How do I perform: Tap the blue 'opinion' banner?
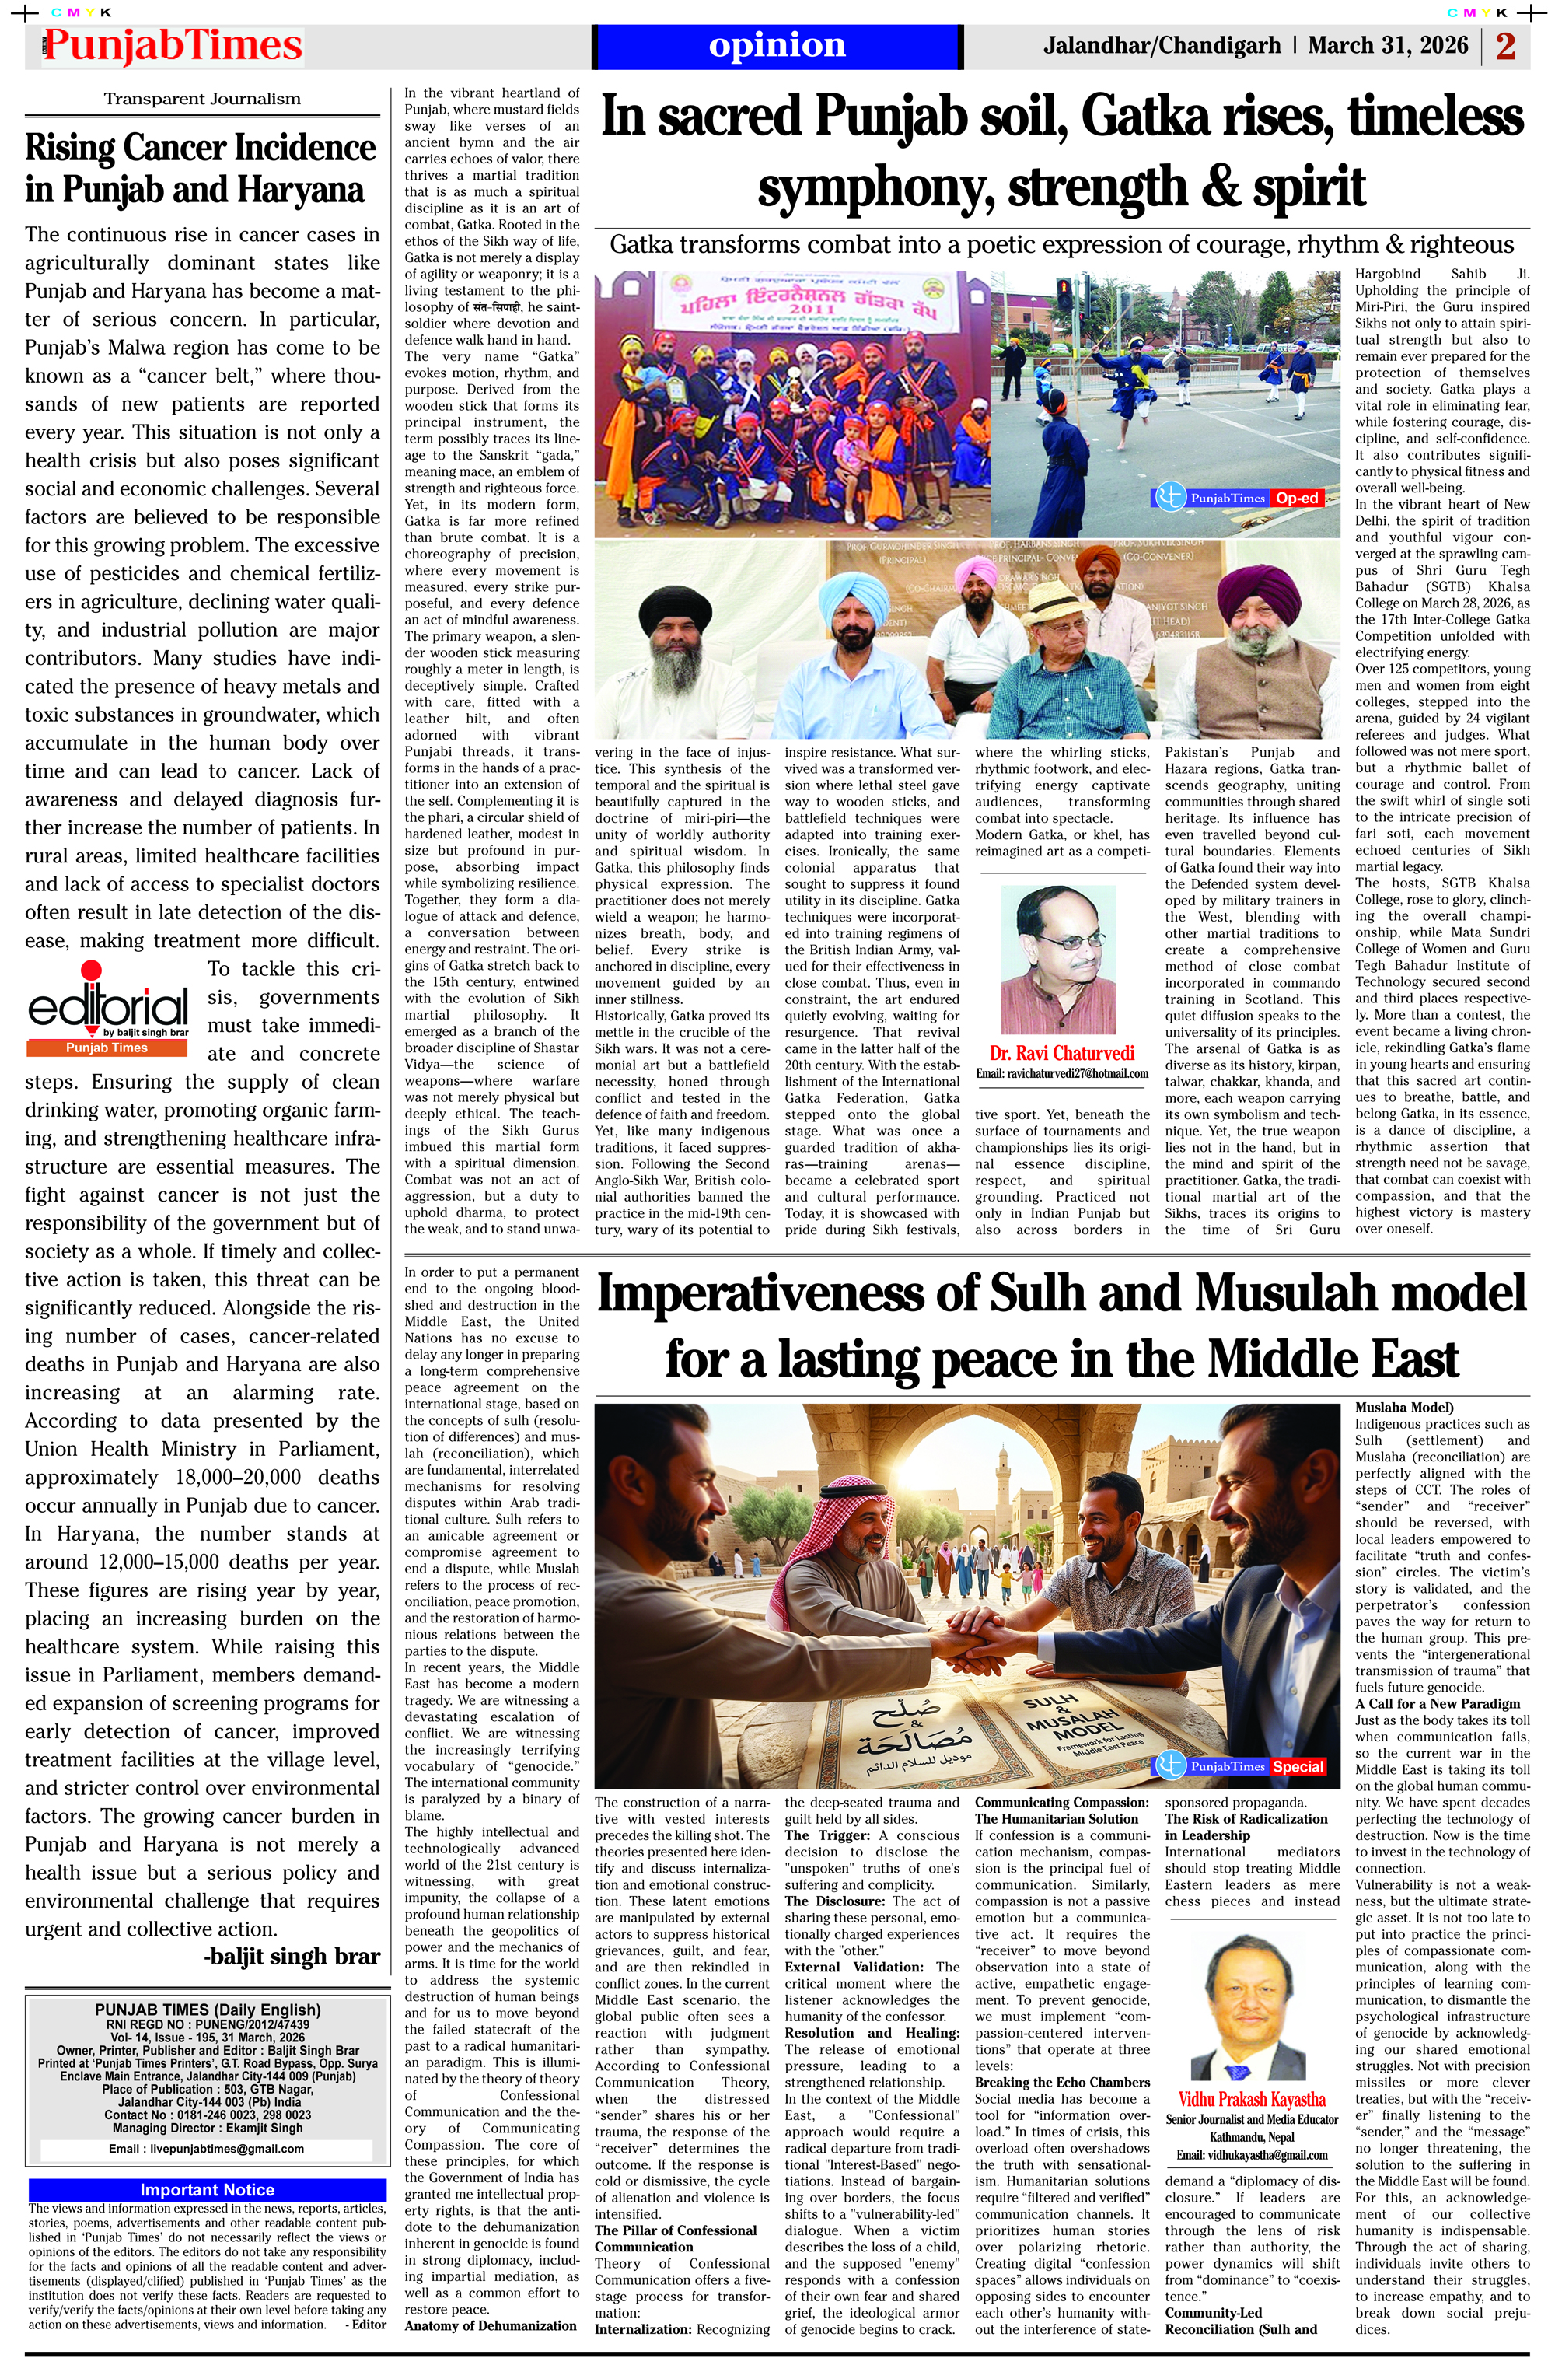777,46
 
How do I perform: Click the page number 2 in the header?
1505,46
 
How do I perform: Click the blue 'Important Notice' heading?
207,2190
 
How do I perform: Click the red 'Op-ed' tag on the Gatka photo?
1296,498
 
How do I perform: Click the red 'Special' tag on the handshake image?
1297,1766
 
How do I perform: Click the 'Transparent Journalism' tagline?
202,99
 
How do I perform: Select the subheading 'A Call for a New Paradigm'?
1437,1703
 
